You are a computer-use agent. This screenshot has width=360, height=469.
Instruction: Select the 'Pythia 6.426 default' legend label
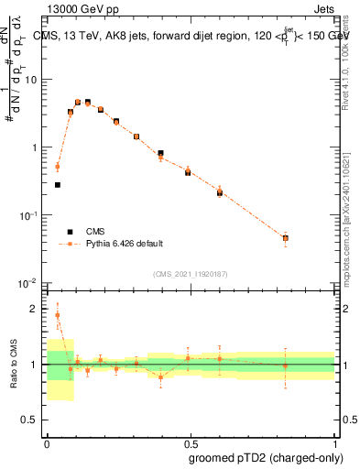(125, 244)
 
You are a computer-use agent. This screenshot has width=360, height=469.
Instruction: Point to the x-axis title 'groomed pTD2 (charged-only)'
(265, 457)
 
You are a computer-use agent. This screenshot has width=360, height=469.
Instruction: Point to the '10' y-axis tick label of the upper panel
(30, 80)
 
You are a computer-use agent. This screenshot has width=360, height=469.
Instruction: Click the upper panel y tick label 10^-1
(28, 215)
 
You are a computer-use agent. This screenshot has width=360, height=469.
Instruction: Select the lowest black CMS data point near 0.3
(58, 185)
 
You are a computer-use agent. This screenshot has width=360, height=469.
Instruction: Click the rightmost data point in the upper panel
(285, 238)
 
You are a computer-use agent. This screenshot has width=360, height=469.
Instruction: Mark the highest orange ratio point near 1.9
(58, 314)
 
